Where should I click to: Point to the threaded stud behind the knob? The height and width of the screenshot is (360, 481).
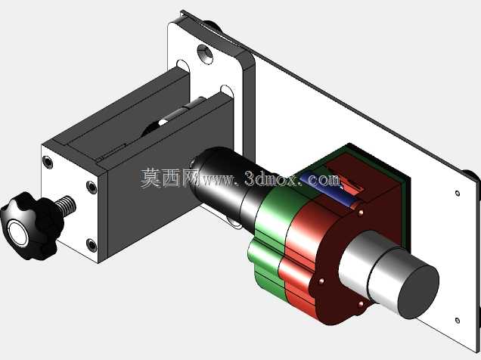(65, 206)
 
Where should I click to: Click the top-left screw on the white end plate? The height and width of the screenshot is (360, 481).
(48, 162)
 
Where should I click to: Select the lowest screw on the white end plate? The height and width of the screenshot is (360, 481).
(92, 245)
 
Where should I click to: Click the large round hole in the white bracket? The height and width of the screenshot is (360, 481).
(205, 54)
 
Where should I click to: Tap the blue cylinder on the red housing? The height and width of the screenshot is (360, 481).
(329, 189)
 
